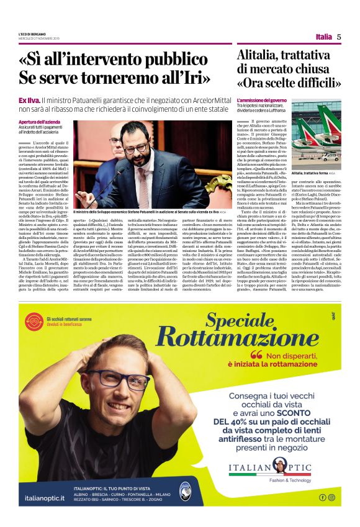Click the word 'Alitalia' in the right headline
tap(259, 56)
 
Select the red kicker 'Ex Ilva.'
tap(47, 100)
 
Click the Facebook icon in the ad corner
tap(323, 497)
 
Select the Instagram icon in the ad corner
tap(331, 497)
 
